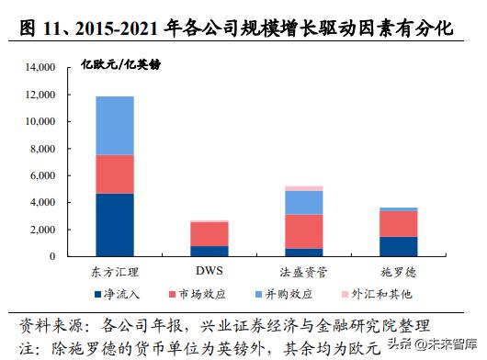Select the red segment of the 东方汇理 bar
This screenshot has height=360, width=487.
115,174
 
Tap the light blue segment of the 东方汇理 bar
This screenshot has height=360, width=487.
115,125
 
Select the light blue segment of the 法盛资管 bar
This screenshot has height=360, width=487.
302,202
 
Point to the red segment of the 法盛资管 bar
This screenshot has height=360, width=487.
302,231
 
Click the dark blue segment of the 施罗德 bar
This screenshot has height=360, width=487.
398,246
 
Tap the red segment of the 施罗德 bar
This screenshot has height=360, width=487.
398,223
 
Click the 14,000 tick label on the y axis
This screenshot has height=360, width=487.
40,68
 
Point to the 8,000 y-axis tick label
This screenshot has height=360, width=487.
43,149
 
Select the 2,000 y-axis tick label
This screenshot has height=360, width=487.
43,229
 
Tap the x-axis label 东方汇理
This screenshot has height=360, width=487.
115,272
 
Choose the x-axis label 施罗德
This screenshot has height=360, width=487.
398,272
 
